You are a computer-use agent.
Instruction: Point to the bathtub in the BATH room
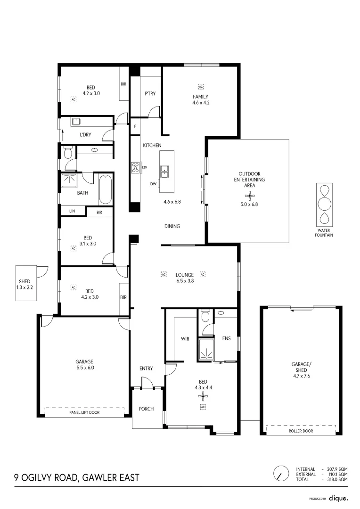coord(105,189)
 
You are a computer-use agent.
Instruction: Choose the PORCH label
coord(146,409)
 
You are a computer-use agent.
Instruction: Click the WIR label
coord(185,338)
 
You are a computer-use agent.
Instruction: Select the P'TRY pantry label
coord(150,93)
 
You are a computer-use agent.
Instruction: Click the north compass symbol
coord(281,474)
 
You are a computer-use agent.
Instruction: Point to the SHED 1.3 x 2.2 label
coord(25,284)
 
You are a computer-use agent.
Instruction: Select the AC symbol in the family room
coord(201,87)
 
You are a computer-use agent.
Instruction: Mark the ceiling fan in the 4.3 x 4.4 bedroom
coord(203,396)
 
